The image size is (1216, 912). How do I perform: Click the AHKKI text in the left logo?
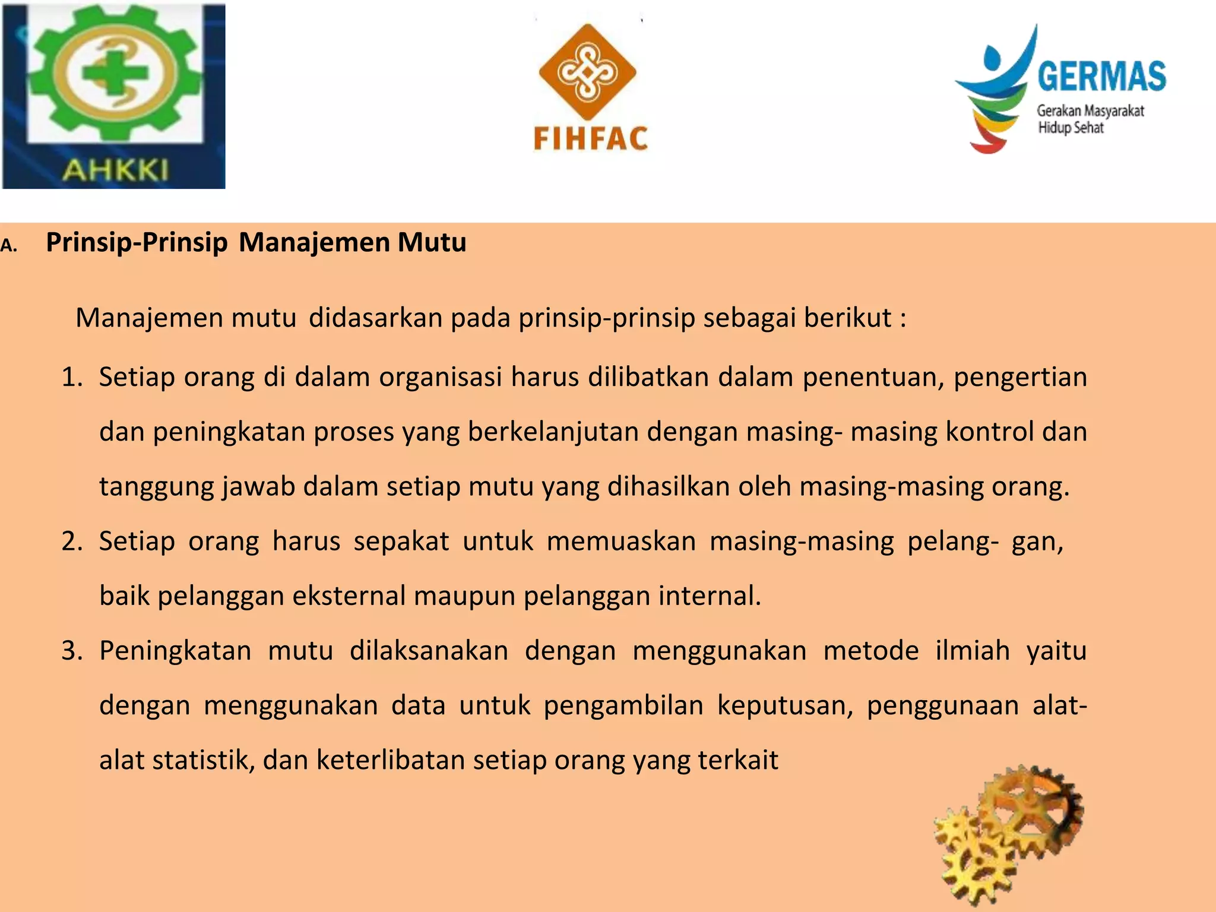pyautogui.click(x=115, y=170)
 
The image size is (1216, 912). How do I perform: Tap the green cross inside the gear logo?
pyautogui.click(x=115, y=73)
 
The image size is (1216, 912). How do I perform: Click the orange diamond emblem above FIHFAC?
pyautogui.click(x=587, y=72)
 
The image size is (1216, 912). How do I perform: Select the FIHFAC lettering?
pyautogui.click(x=590, y=139)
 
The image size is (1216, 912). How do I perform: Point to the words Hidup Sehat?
pyautogui.click(x=1071, y=128)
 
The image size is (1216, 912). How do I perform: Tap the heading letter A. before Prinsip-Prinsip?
pyautogui.click(x=9, y=245)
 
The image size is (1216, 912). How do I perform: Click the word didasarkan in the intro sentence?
pyautogui.click(x=375, y=318)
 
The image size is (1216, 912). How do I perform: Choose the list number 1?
pyautogui.click(x=72, y=377)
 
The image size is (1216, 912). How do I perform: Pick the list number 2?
pyautogui.click(x=72, y=541)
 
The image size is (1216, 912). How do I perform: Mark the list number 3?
pyautogui.click(x=72, y=651)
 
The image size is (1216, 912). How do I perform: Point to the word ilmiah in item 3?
pyautogui.click(x=973, y=651)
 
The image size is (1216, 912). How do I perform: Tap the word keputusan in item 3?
pyautogui.click(x=785, y=705)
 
